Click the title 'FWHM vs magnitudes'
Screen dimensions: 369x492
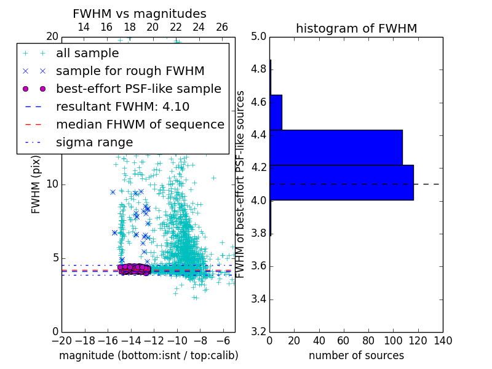[140, 14]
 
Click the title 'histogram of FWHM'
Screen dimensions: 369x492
[356, 28]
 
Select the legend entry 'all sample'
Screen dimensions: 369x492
[87, 54]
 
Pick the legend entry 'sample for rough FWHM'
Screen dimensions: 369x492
[130, 71]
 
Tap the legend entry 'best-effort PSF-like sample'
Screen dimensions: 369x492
[138, 89]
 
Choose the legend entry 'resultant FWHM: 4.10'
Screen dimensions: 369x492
[122, 106]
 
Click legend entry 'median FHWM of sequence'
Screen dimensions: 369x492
[140, 124]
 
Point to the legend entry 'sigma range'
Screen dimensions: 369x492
[94, 142]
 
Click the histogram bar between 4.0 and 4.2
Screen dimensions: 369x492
[341, 183]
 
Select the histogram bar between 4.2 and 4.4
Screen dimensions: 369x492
[336, 148]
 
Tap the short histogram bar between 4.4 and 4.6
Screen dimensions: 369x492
[276, 113]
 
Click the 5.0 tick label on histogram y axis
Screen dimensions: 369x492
[258, 37]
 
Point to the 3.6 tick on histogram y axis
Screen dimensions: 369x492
[258, 266]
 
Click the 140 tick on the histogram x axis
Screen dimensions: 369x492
[442, 341]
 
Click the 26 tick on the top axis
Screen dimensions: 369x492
[222, 27]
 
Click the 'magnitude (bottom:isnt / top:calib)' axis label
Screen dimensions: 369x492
[148, 355]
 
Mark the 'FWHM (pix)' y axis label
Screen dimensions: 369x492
[36, 184]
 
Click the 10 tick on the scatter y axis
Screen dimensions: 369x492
[52, 184]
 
